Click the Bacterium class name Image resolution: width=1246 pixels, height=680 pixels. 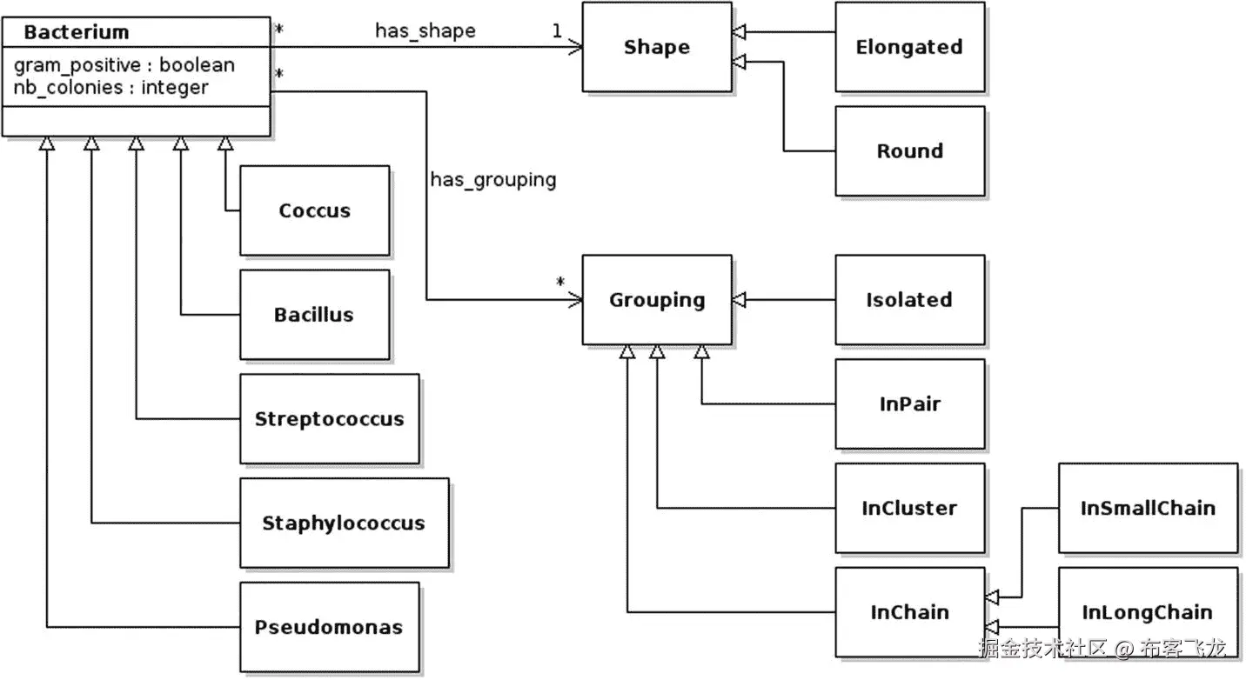77,33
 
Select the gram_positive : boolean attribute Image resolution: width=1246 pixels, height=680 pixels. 124,65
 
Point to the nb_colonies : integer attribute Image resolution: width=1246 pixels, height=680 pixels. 111,87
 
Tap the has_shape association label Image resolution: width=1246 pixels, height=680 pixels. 425,31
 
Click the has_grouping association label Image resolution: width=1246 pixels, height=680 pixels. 492,180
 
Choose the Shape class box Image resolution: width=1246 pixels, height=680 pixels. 656,47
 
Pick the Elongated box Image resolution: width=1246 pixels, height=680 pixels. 909,47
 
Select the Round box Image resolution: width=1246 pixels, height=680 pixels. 909,151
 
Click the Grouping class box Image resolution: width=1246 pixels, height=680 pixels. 656,300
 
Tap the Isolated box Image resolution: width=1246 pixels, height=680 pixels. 909,300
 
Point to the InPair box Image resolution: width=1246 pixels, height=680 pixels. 909,403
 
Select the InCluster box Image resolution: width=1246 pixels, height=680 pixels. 909,508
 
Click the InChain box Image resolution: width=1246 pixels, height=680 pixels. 909,612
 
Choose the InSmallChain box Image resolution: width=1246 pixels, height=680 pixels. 1147,508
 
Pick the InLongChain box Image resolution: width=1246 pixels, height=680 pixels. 1147,612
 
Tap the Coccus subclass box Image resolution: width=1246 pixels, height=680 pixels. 314,210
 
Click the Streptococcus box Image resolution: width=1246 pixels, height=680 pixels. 329,419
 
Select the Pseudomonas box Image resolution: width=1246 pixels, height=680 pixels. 329,627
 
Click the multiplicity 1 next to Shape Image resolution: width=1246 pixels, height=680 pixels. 556,31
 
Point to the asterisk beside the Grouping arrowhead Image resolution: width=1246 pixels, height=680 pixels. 561,282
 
